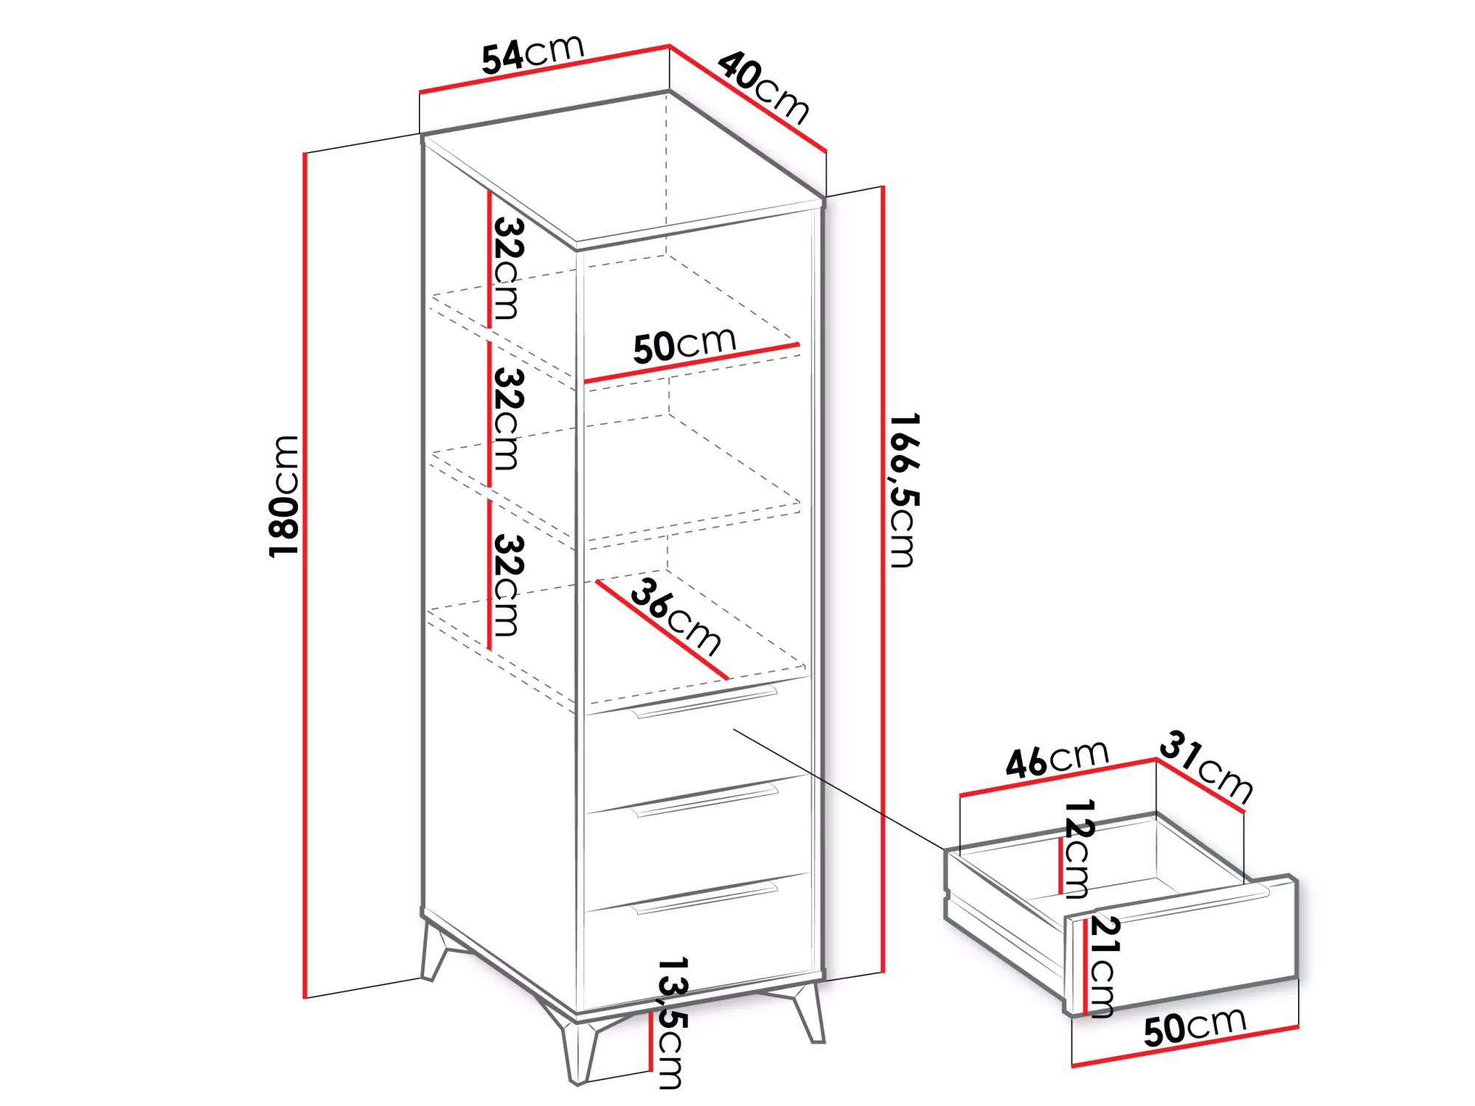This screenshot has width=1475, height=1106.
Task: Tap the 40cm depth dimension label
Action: pos(764,86)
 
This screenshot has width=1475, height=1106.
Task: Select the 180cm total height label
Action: pos(285,496)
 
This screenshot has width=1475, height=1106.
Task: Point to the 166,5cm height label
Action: pos(903,490)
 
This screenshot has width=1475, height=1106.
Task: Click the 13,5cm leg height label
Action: pos(672,1023)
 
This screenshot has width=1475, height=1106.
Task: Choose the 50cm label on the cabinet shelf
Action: pos(684,345)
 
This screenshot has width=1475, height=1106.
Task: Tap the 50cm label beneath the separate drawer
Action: pos(1195,1026)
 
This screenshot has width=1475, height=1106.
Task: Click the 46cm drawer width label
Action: pos(1057,759)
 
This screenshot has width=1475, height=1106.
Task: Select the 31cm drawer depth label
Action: pos(1207,767)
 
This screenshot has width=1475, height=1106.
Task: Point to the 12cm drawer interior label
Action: pos(1077,849)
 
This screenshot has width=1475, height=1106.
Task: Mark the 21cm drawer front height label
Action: pos(1104,967)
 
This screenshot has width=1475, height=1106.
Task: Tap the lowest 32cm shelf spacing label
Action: pos(508,585)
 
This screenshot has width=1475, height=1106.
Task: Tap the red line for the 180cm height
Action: pos(305,575)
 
